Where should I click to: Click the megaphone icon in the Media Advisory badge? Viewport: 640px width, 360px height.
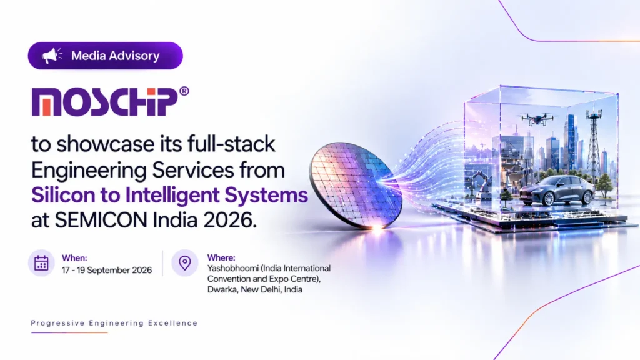click(52, 56)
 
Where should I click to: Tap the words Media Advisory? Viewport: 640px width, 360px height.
click(115, 56)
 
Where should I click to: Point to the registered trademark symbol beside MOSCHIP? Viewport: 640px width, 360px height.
click(184, 91)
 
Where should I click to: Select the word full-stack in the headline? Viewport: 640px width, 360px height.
click(231, 144)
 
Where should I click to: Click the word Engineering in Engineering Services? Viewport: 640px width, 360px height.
click(89, 171)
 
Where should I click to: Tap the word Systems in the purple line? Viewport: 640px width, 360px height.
click(266, 196)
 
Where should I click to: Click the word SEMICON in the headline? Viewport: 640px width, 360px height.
click(101, 220)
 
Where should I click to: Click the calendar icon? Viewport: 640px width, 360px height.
click(41, 263)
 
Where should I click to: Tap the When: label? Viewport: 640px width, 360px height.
click(74, 258)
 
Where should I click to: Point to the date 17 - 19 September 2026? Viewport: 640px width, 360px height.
click(107, 270)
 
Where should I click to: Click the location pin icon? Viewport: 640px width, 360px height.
click(185, 263)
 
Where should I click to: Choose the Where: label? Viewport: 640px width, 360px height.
click(221, 257)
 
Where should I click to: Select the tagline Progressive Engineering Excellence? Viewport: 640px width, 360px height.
click(114, 323)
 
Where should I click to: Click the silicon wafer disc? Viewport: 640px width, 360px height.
click(355, 186)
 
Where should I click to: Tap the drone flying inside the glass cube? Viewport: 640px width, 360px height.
click(538, 118)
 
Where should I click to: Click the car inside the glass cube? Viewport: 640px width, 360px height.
click(557, 191)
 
